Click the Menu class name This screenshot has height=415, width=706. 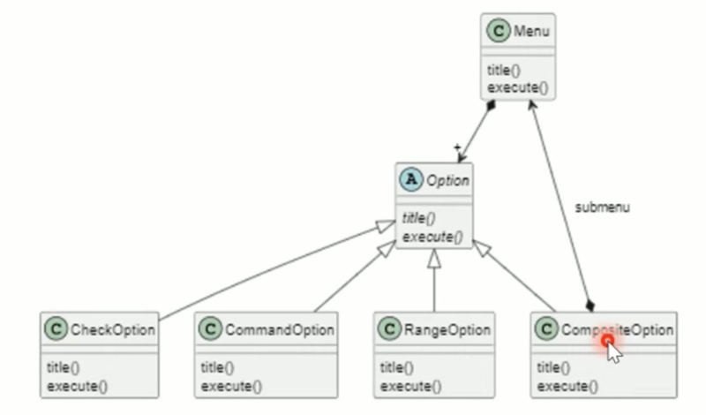click(x=531, y=32)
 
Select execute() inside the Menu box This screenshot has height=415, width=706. click(x=517, y=87)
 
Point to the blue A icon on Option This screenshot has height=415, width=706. click(x=411, y=180)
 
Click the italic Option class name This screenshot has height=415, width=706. click(x=447, y=180)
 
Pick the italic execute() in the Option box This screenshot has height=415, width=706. click(x=432, y=237)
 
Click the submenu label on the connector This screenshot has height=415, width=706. click(x=603, y=207)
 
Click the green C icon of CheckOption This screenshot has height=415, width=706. click(x=56, y=330)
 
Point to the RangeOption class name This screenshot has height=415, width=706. click(x=447, y=330)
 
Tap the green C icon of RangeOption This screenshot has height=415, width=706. click(x=390, y=330)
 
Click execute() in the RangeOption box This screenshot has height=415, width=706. click(x=410, y=386)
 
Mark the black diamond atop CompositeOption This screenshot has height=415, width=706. click(x=589, y=305)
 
